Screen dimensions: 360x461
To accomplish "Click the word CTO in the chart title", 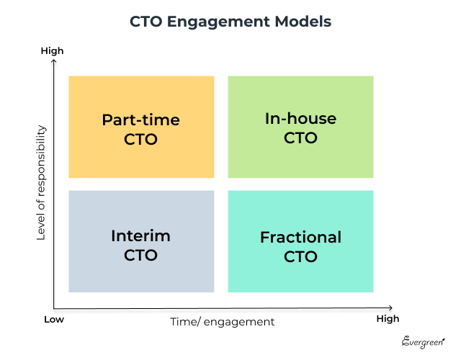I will tap(146, 22).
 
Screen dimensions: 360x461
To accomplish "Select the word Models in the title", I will tap(304, 22).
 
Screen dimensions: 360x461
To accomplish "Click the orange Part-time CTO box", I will tap(141, 127).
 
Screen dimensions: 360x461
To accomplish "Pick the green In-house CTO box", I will tap(300, 127).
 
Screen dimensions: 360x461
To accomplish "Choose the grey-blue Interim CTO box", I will tap(141, 241).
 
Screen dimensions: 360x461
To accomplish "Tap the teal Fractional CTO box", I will tap(300, 241).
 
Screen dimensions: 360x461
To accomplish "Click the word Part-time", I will tap(141, 120).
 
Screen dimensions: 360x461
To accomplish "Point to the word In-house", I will tap(300, 119).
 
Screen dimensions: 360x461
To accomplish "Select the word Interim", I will tap(141, 235).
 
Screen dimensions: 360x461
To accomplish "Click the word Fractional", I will tap(300, 237).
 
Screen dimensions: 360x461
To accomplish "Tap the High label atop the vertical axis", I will tap(53, 51).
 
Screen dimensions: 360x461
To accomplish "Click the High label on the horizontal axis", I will tap(387, 319).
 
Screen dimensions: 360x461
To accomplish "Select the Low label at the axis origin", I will tap(53, 319).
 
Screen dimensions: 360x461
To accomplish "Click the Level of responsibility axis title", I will tap(41, 183).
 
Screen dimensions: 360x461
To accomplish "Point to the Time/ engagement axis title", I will tap(222, 322).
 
